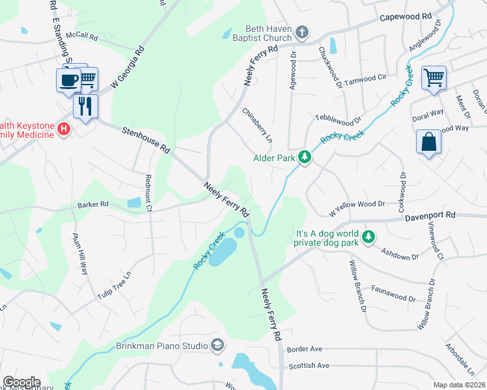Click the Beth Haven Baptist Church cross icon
coord(301,32)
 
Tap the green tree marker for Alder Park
coord(304,157)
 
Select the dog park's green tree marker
coord(369,236)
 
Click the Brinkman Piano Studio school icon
coord(218,346)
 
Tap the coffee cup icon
coord(68,79)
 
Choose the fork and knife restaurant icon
coord(85,105)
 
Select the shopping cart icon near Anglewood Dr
coord(434,77)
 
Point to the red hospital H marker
coord(63,129)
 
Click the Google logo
coord(21,382)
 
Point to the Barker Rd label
coord(92,204)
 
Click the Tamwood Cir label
coord(365,78)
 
